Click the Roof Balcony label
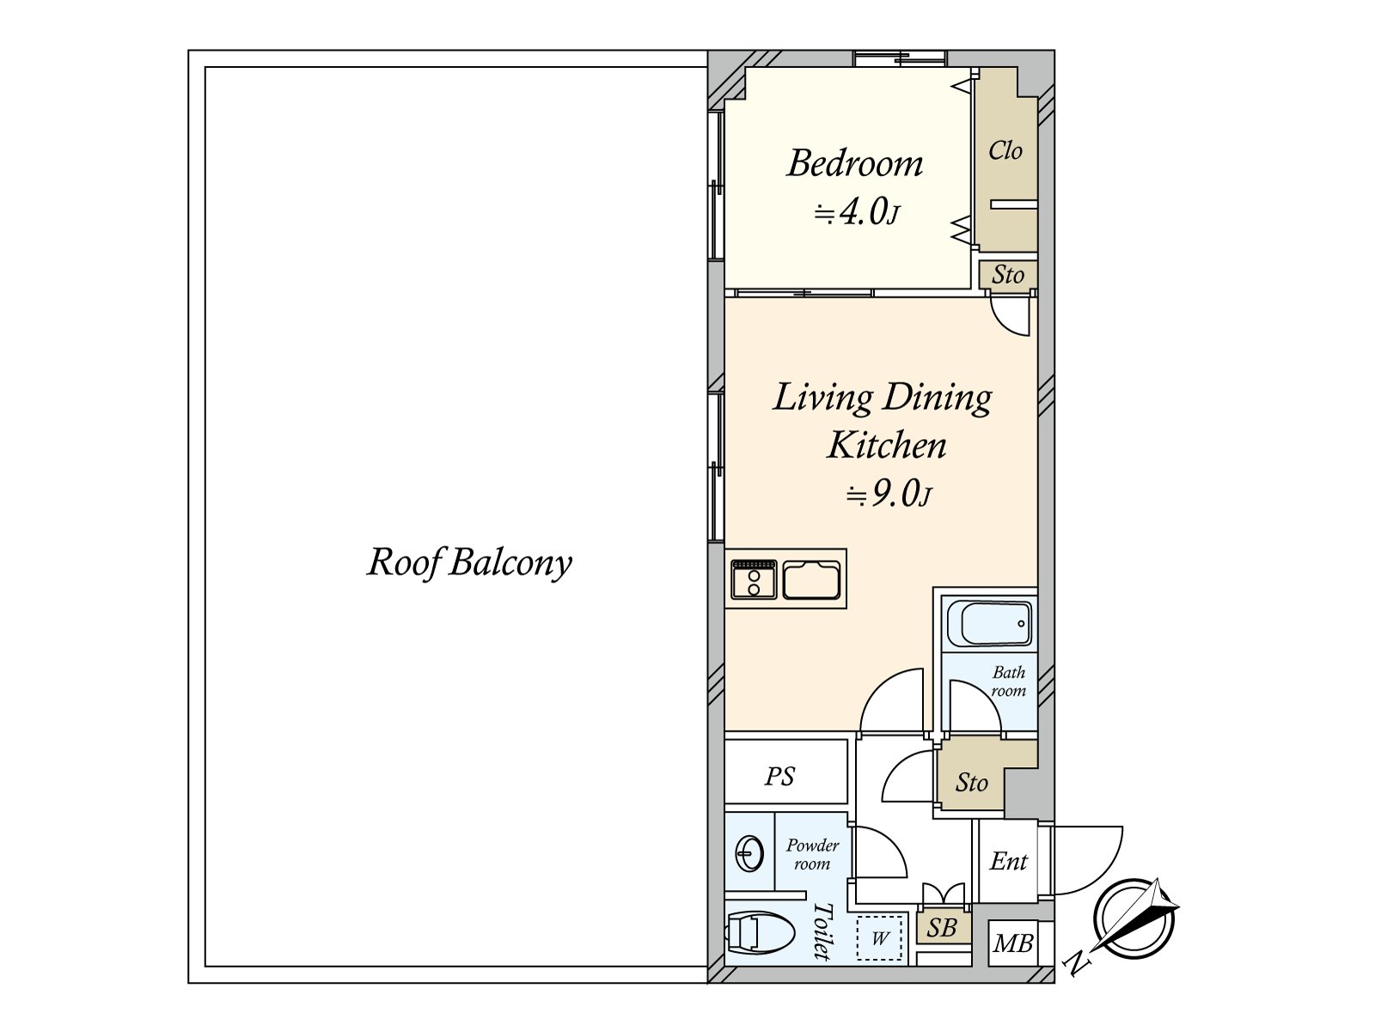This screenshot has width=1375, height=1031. [469, 563]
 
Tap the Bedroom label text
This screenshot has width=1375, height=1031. [854, 163]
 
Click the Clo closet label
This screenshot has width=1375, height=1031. [1005, 151]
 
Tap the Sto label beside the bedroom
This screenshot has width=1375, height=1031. [1008, 275]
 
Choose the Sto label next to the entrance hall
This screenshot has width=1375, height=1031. [972, 783]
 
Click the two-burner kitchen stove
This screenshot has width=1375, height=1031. [755, 579]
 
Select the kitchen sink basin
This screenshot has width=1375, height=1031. [811, 580]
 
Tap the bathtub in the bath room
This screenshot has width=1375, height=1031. [989, 624]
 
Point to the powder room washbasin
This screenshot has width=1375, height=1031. [749, 854]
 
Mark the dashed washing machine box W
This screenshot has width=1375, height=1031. [879, 938]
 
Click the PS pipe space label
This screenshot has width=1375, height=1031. [779, 776]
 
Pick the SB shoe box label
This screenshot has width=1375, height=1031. [942, 929]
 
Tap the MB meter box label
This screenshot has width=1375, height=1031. [1013, 943]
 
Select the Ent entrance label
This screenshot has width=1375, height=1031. [1009, 862]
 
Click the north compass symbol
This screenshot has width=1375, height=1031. [1134, 919]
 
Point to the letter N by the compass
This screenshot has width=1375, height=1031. [1077, 964]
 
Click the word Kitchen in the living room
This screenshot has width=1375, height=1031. [886, 445]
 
